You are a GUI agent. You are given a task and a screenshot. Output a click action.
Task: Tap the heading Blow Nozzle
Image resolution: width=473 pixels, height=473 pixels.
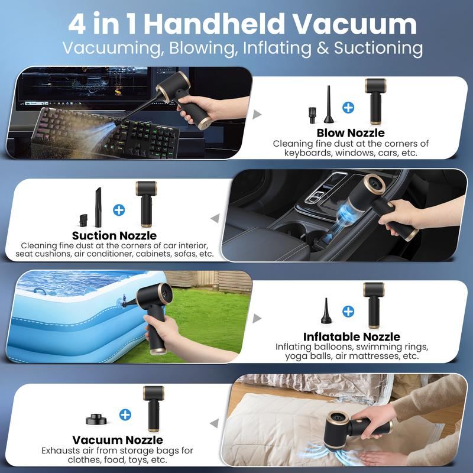(350, 133)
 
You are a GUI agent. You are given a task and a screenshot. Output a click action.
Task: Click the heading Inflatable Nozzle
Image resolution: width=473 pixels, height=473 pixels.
(351, 337)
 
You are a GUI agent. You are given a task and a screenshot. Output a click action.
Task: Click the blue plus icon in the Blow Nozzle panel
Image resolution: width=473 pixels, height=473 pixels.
(348, 108)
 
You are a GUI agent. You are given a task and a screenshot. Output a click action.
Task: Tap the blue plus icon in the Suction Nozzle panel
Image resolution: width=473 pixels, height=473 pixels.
(119, 209)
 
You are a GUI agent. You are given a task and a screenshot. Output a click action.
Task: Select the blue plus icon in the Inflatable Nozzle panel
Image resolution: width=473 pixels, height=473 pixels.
(348, 312)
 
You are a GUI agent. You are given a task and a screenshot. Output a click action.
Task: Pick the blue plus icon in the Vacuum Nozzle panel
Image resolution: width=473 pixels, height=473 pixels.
(125, 414)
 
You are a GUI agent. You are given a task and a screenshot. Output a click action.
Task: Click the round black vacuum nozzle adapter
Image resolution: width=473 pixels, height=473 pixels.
(97, 419)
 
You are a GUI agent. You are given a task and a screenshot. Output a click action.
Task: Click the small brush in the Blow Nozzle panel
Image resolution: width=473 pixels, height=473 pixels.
(312, 114)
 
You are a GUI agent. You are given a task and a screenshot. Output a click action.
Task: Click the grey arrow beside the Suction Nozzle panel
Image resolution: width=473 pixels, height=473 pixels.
(215, 219)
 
